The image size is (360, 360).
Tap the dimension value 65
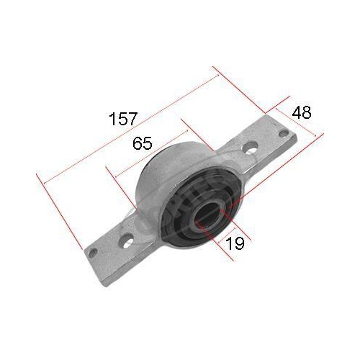click(x=143, y=143)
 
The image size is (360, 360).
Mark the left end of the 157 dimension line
click(x=45, y=181)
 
